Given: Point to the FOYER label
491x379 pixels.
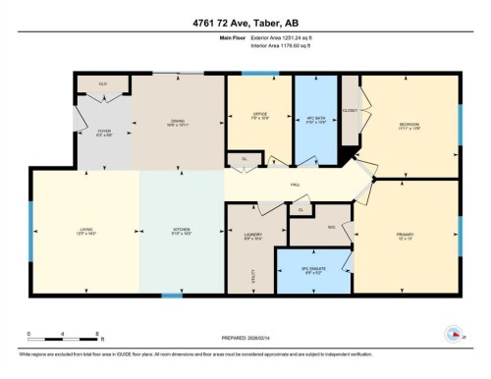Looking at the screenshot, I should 106,132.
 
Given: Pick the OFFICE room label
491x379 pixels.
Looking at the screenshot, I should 260,115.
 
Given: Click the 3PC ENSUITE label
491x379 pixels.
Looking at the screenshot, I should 311,273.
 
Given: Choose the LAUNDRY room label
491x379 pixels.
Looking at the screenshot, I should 252,237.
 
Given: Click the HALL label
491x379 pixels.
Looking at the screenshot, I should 296,184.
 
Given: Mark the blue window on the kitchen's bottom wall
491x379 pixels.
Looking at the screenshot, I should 172,296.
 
